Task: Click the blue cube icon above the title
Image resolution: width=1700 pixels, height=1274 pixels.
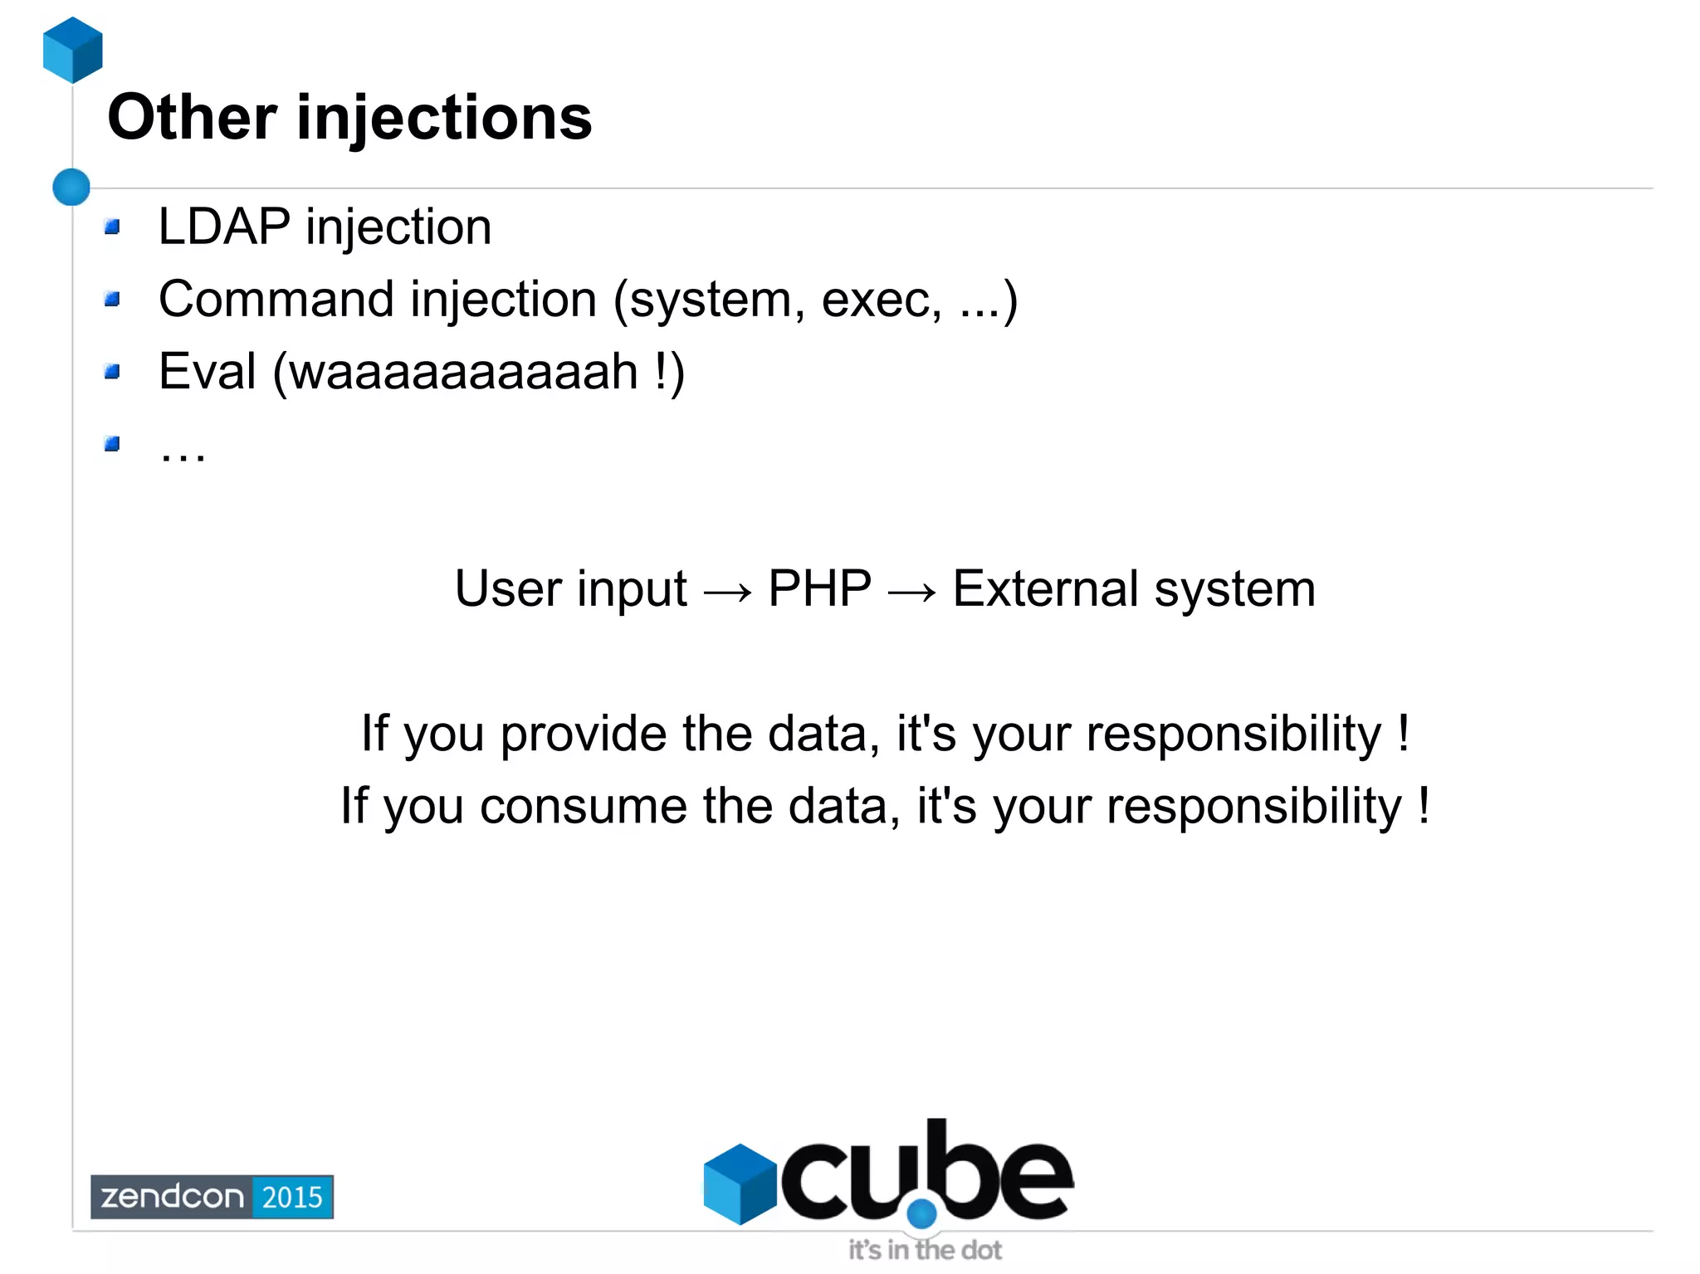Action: click(73, 50)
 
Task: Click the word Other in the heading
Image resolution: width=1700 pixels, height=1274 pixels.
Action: click(192, 117)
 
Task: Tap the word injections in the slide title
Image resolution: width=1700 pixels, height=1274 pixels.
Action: click(444, 117)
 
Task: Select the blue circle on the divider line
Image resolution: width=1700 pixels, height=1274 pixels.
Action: click(71, 187)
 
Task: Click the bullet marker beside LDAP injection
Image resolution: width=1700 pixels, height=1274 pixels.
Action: click(113, 227)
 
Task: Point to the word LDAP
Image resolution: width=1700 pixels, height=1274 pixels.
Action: click(224, 227)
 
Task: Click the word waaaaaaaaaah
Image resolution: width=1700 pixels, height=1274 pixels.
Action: click(463, 373)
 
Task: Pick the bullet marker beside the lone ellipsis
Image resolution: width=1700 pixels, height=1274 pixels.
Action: click(113, 444)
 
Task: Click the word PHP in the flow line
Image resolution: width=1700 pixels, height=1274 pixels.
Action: click(819, 588)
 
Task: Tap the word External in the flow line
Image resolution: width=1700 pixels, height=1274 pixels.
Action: click(1044, 588)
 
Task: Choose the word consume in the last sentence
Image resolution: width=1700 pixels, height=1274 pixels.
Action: click(583, 807)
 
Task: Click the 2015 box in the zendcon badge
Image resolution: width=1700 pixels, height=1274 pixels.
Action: click(292, 1197)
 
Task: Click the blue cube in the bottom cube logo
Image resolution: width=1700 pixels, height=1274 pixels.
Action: click(740, 1184)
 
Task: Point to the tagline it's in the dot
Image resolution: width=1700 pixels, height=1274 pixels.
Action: click(925, 1250)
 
